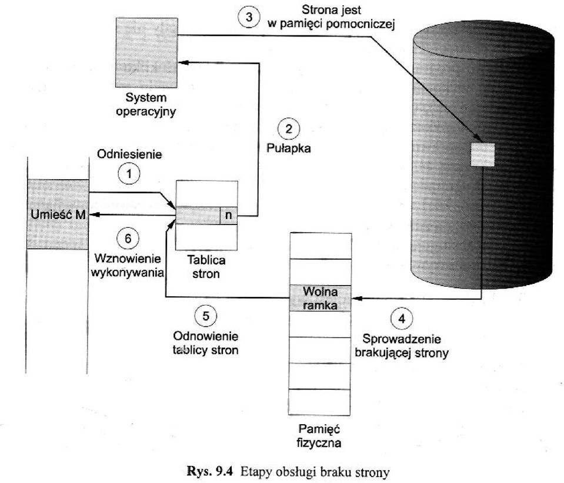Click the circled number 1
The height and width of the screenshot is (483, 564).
coord(129,174)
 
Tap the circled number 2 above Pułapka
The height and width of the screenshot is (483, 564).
coord(289,129)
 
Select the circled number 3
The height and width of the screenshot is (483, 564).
coord(249,17)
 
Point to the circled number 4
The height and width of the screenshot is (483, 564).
coord(402,319)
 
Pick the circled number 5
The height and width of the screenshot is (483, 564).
coord(205,316)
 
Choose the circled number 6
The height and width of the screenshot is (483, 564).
coord(128,239)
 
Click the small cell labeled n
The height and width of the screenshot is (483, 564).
coord(228,216)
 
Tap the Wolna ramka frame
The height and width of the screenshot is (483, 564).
coord(320,298)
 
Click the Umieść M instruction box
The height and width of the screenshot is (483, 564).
coord(58,214)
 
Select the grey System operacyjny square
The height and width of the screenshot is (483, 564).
coord(146,52)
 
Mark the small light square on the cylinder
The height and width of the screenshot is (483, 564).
coord(483,154)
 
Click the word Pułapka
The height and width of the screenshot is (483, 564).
coord(289,148)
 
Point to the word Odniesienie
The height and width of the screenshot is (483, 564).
coord(129,154)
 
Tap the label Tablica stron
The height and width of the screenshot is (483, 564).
coord(206,266)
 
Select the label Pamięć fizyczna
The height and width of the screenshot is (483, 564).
coord(319,435)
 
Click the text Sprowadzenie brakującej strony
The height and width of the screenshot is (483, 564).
coord(402,346)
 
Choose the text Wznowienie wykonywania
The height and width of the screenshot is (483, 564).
coord(127,266)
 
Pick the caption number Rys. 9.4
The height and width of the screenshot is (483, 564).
coord(210,471)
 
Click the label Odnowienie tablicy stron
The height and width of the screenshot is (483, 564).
coord(205,343)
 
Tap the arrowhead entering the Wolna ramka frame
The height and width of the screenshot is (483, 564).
coord(356,298)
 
